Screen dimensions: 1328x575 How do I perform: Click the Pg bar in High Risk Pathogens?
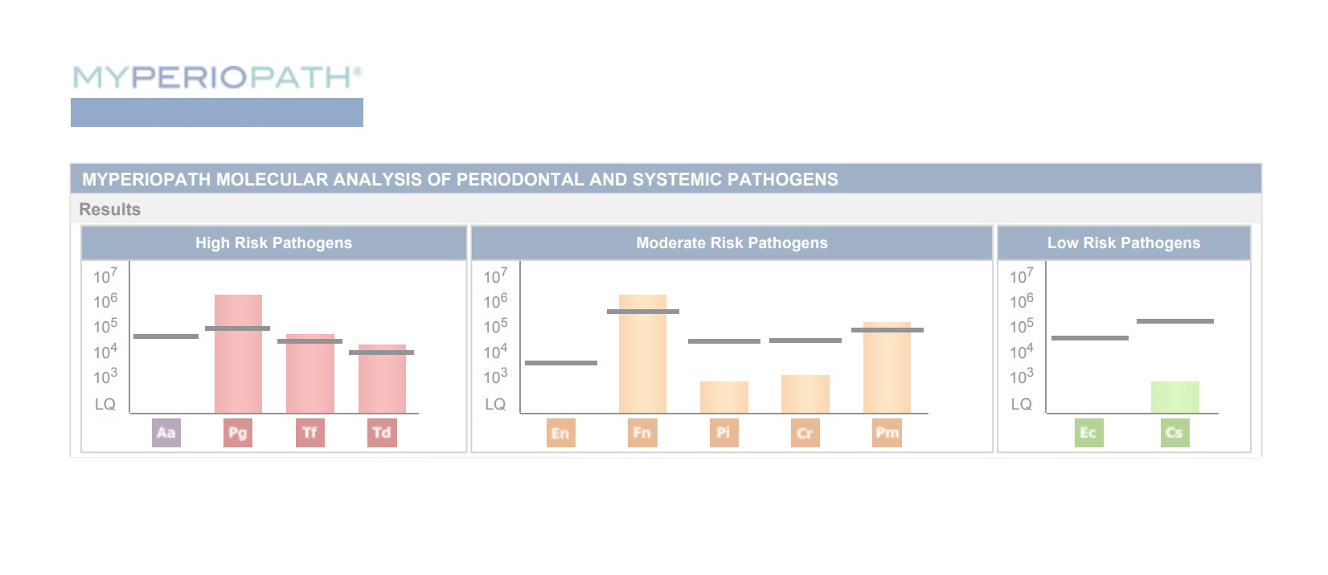(x=238, y=353)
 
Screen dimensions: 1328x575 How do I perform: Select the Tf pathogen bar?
(x=310, y=373)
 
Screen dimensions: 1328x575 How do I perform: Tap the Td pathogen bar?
(x=382, y=379)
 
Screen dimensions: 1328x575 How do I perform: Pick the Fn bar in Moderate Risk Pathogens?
(x=642, y=353)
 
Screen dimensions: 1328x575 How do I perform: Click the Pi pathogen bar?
(x=723, y=398)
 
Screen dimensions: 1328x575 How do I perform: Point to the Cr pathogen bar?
(x=805, y=394)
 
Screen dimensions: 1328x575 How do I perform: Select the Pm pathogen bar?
(x=887, y=368)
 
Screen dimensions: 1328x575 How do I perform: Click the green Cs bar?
(x=1175, y=398)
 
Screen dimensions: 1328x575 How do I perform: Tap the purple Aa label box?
(x=166, y=433)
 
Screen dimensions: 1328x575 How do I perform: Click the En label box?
(x=561, y=433)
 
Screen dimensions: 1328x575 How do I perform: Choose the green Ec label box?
(x=1089, y=433)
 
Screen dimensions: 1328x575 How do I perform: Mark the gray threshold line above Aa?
(x=166, y=336)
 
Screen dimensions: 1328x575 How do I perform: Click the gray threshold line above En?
(x=561, y=363)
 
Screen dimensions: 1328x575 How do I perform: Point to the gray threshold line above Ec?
(x=1090, y=338)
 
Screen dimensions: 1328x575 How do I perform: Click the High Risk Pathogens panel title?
(x=274, y=243)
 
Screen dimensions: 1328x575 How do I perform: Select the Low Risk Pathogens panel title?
(x=1124, y=243)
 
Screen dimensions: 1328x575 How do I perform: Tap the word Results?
(x=109, y=210)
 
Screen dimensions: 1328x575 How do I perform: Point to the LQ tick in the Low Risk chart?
(x=1021, y=405)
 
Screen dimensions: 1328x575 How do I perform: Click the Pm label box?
(x=887, y=433)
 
